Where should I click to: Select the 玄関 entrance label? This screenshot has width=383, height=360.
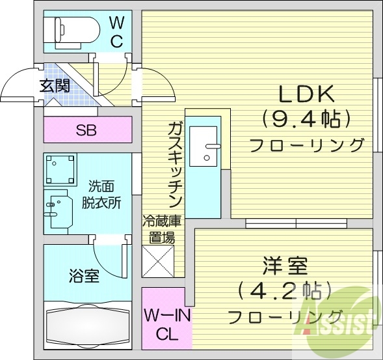point(55,85)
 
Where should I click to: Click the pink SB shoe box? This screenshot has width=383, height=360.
point(86,130)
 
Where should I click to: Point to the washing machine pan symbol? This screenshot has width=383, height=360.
point(61,169)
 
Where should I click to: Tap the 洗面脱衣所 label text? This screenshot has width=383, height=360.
point(101,193)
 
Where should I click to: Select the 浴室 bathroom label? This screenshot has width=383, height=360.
point(84,275)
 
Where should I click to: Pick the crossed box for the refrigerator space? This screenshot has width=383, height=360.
point(158,262)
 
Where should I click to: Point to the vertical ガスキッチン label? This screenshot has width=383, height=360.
point(174,163)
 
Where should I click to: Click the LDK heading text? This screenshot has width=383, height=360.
point(306,95)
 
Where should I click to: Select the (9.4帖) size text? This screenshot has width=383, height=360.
point(306,119)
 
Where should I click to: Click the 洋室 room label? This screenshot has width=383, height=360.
point(285,266)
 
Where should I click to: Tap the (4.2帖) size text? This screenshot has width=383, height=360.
point(285,290)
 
